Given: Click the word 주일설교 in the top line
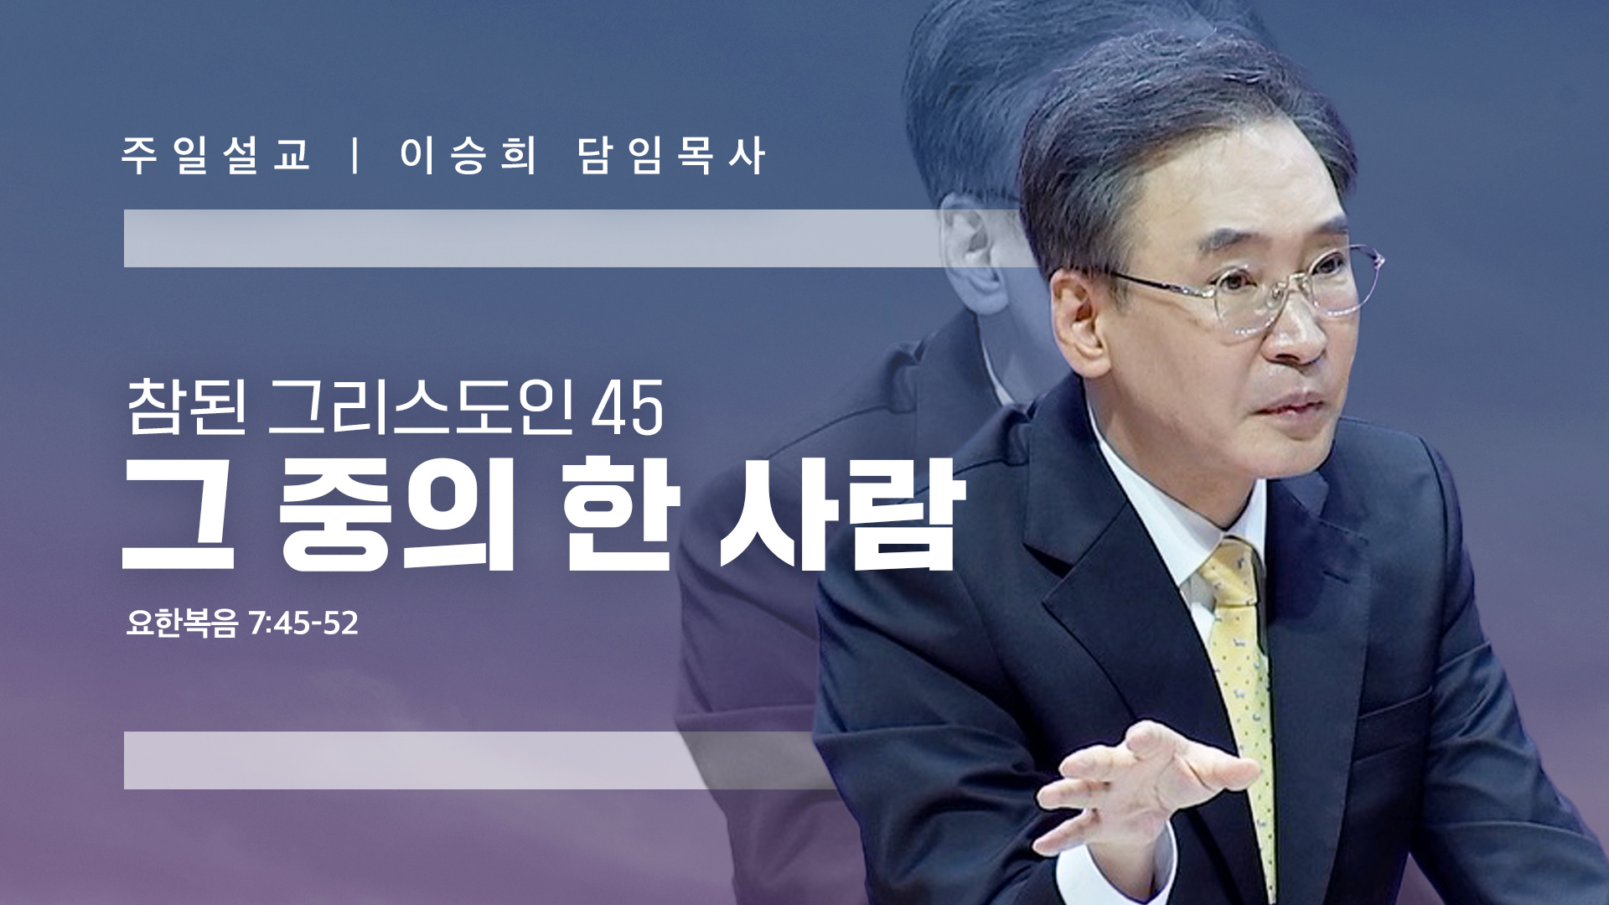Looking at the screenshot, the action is click(216, 156).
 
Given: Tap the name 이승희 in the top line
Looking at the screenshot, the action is click(468, 156).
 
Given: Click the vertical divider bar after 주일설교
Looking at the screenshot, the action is click(357, 156).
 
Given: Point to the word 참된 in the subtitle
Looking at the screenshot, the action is click(187, 407).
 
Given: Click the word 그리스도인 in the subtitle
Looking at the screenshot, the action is click(422, 407).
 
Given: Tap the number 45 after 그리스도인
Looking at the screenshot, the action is click(627, 409).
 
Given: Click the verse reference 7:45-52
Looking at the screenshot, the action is click(303, 623).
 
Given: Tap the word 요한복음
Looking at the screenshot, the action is click(182, 623).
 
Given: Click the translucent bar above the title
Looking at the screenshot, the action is click(578, 239).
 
